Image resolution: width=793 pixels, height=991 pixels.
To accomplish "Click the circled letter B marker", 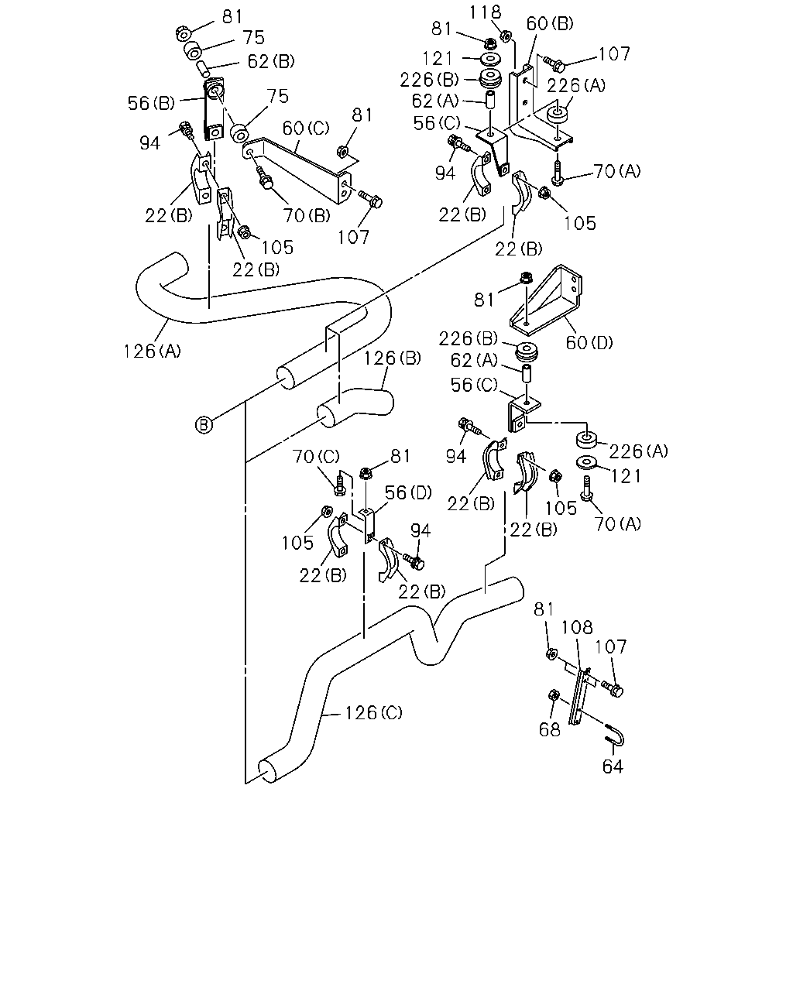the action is click(x=204, y=424).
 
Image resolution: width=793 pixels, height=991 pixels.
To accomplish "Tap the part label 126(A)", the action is click(x=153, y=351).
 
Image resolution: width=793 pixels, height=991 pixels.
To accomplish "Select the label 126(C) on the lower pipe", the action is click(x=374, y=713).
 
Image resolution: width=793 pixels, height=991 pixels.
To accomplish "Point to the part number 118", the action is click(x=485, y=12).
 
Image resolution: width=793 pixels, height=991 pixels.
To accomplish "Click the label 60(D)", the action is click(x=589, y=343).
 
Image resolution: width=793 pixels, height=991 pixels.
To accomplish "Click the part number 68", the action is click(x=550, y=730).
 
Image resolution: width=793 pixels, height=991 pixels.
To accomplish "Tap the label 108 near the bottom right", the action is click(x=577, y=627).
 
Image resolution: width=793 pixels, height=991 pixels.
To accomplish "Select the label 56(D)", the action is click(x=408, y=492).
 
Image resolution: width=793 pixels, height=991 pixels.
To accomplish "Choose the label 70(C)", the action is click(x=316, y=456).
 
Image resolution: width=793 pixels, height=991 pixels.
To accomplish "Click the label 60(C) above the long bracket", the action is click(x=306, y=128).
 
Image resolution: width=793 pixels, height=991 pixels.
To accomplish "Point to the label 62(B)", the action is click(x=271, y=61).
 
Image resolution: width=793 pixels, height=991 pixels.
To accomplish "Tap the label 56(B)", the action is click(x=152, y=103).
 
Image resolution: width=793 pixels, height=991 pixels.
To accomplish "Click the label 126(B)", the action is click(x=393, y=358).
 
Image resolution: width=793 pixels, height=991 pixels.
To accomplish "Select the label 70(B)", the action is click(x=307, y=215).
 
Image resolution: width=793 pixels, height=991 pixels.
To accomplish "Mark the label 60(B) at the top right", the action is click(x=550, y=23).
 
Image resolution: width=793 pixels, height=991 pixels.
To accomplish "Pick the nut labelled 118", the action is click(x=506, y=36).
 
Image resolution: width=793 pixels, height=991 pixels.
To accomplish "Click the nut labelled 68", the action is click(x=554, y=695).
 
